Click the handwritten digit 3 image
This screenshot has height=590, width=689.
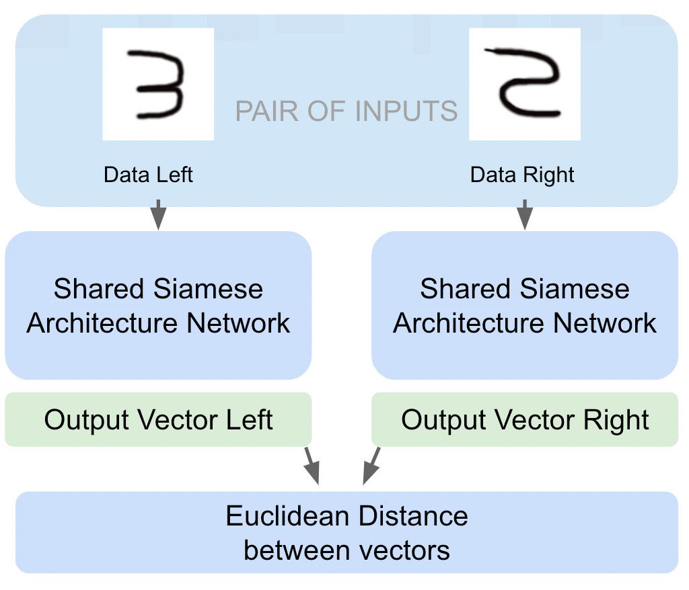coord(158,84)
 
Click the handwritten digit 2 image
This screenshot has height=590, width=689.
coord(524,84)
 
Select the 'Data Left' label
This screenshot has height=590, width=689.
coord(148,175)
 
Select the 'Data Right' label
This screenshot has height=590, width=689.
coord(522,175)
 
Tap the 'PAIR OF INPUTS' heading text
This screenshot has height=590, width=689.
coord(346,111)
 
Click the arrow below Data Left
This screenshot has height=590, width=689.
coord(158,214)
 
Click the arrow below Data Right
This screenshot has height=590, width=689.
coord(524,214)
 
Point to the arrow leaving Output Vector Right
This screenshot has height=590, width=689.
coord(371,466)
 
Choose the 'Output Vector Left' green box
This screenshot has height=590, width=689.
coord(158,420)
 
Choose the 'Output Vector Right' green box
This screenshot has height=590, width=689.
coord(524,420)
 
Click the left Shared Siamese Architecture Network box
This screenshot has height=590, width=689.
coord(158,306)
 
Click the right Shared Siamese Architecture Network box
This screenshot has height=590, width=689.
coord(524,306)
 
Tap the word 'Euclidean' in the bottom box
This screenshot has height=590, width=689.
coord(287,517)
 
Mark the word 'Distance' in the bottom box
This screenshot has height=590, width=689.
coord(412,517)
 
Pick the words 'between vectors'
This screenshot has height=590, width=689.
coord(347,550)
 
